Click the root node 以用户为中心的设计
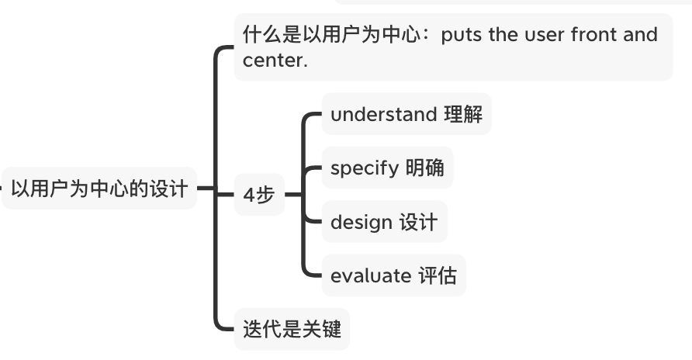pos(99,189)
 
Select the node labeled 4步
pos(259,195)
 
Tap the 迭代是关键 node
pos(292,329)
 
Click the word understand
pos(383,115)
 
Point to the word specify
pos(364,168)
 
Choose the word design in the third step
pos(361,222)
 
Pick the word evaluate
pos(370,275)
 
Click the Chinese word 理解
pos(463,115)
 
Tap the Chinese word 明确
pos(425,168)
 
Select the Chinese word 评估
pos(438,275)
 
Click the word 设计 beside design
pos(418,222)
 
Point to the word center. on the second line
pos(275,61)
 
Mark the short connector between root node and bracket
pos(205,188)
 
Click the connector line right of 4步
pos(292,194)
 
